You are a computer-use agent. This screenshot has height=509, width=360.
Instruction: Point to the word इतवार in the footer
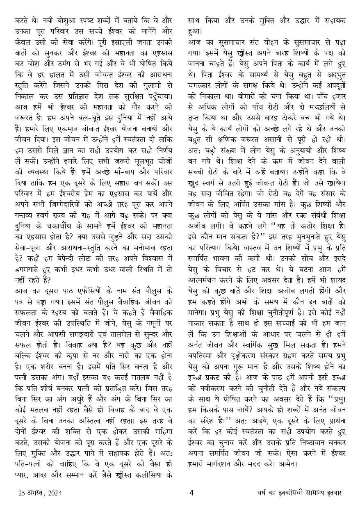click(332, 493)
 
